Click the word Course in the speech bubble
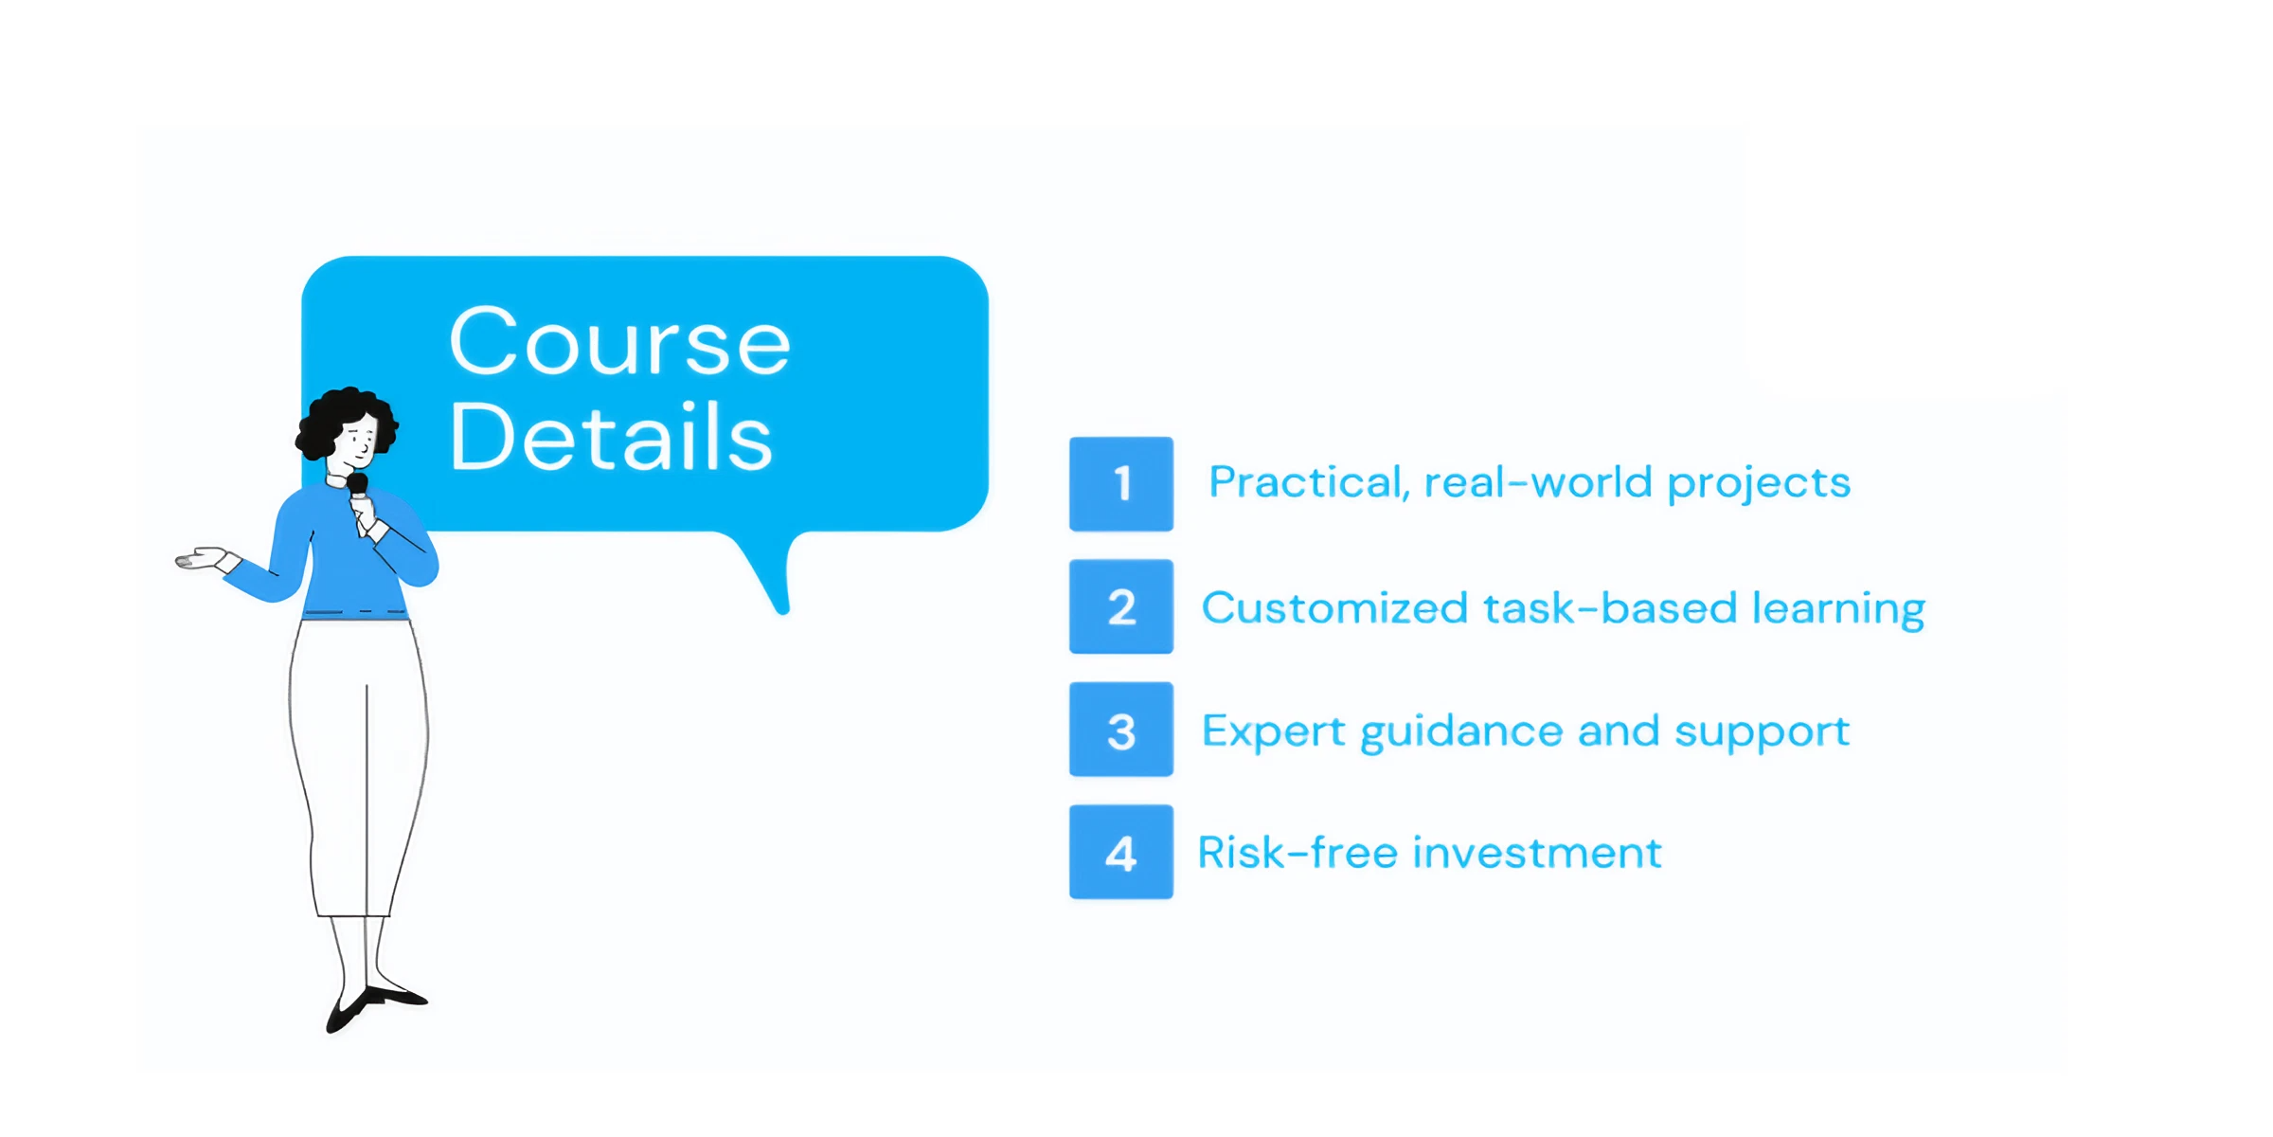point(619,342)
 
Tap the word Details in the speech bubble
point(611,436)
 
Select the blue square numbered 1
point(1121,483)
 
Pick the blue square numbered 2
point(1121,606)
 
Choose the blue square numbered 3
point(1121,730)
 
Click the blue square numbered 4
point(1121,852)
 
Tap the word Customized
point(1334,608)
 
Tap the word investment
point(1537,853)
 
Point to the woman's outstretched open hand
point(201,558)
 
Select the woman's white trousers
point(359,767)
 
